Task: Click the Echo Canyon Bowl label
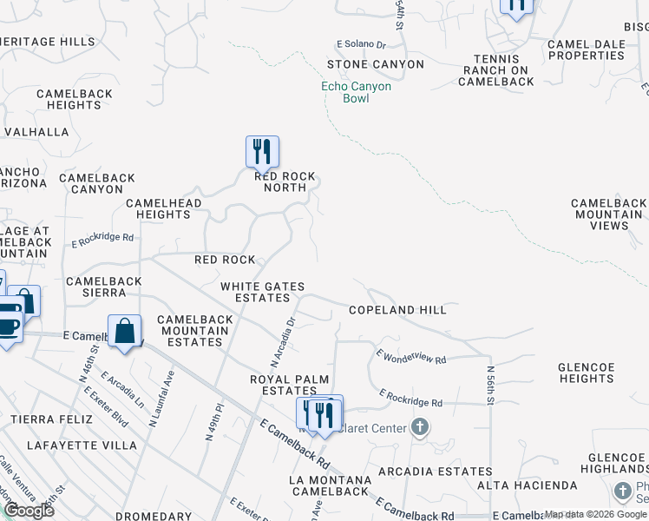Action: [357, 92]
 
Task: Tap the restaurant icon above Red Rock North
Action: [262, 153]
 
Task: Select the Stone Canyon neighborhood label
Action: [376, 64]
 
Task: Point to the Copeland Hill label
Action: [397, 310]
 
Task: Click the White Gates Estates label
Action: [255, 292]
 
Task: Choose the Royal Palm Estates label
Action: [283, 385]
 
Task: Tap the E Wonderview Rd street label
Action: [411, 356]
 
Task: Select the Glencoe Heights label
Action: [587, 373]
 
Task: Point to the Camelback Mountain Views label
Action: [609, 214]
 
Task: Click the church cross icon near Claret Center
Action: [420, 426]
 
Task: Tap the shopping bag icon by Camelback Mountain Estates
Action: [125, 331]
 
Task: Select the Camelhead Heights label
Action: [164, 208]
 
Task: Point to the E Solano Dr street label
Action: [360, 44]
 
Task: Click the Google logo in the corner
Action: [29, 511]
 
